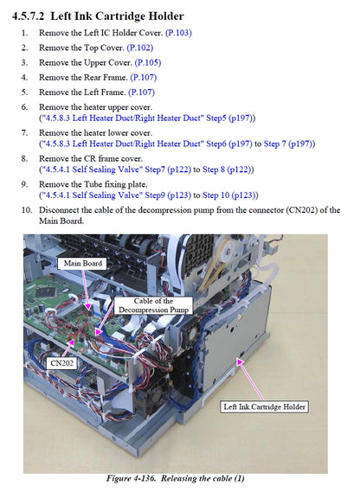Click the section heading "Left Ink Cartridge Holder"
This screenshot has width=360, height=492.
[x=117, y=16]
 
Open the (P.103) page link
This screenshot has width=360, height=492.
[x=178, y=33]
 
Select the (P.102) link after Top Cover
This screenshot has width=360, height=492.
[x=140, y=48]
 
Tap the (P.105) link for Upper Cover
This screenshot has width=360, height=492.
[x=148, y=62]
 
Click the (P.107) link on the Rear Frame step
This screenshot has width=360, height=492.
[x=144, y=77]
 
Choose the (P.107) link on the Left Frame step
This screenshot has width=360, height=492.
[x=141, y=93]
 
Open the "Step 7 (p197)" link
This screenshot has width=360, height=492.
[x=287, y=144]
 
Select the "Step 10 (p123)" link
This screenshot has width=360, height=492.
[x=228, y=195]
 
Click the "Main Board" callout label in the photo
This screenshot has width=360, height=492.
[x=82, y=263]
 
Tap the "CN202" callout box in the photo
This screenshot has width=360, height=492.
[x=62, y=363]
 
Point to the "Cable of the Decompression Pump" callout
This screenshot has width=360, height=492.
[x=153, y=305]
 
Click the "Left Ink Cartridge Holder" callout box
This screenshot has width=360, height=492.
[x=264, y=406]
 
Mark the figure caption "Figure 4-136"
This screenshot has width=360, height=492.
[x=131, y=478]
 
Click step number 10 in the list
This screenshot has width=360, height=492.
[x=27, y=210]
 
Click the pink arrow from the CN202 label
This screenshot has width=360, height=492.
[x=68, y=348]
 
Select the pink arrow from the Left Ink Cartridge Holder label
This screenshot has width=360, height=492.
[x=251, y=380]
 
